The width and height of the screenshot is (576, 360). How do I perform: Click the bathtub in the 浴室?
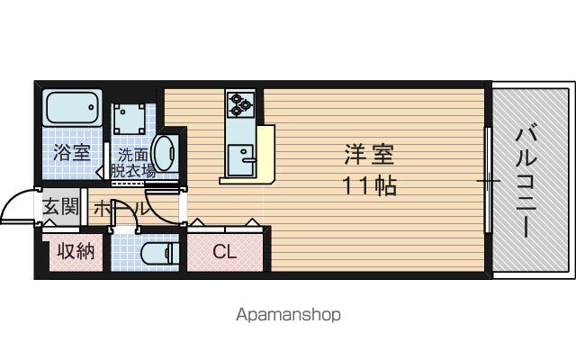72,108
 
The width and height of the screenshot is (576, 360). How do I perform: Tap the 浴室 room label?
72,152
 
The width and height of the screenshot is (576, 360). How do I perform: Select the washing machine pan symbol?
129,119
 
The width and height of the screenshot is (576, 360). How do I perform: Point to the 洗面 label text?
132,155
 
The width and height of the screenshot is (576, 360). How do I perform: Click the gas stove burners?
240,104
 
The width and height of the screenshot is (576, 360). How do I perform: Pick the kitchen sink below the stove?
240,160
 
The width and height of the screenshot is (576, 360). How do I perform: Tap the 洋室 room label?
369,154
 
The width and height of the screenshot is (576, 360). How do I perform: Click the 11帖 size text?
369,185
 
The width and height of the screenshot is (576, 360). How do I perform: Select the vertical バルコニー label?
526,183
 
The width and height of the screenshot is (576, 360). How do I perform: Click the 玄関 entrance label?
61,206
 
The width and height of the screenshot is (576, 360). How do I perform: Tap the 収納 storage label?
76,252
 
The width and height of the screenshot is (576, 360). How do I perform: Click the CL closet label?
224,252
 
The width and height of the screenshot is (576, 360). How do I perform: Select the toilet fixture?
160,253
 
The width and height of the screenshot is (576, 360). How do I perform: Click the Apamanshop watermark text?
288,315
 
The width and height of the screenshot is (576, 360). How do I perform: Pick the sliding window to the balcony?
488,180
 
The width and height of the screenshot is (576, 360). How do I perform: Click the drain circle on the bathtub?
91,107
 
